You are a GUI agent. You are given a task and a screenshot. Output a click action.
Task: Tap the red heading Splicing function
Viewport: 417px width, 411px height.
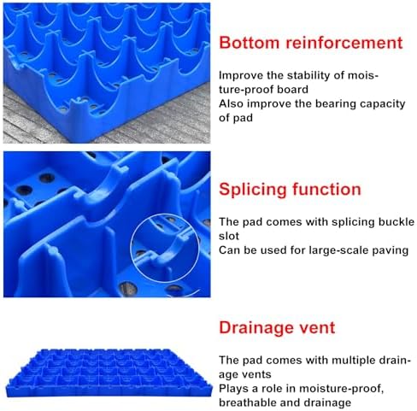point(291,189)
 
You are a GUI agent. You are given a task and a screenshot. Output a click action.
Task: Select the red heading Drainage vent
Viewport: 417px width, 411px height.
point(278,328)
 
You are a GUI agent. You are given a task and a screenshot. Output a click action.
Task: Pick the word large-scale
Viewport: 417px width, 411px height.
point(327,249)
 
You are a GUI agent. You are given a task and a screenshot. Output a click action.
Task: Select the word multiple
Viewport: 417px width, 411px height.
point(340,361)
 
